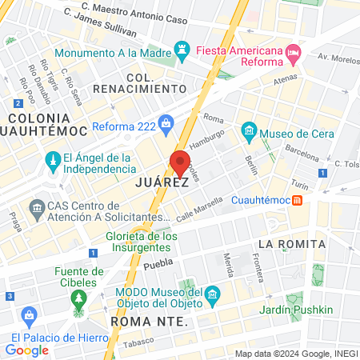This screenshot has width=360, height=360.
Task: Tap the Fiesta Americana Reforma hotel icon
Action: click(293, 54)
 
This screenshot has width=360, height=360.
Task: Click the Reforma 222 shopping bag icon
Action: click(166, 123)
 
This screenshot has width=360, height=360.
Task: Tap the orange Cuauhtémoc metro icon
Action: click(297, 199)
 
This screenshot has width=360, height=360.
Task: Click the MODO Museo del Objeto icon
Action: click(212, 295)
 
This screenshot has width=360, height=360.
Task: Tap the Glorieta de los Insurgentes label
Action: click(142, 242)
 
